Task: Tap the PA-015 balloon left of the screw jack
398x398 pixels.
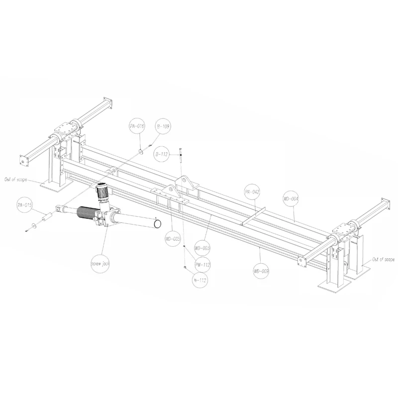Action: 24,204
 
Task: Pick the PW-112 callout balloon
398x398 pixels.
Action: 202,265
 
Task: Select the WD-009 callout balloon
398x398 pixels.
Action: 261,271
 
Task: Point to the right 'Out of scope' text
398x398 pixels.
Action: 383,260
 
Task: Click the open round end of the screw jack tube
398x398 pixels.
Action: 157,225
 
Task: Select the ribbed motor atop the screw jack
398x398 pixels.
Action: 102,192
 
